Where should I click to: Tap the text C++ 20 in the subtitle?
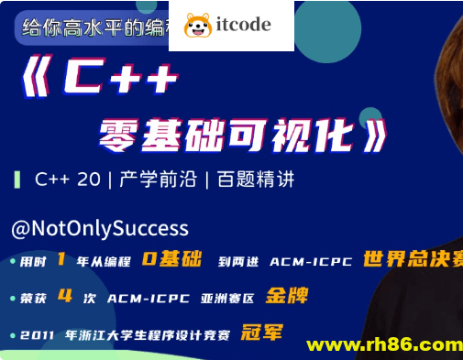[x=68, y=179]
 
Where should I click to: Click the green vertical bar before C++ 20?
[x=17, y=179]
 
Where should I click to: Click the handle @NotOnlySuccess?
[x=100, y=228]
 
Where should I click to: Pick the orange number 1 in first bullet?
[x=61, y=259]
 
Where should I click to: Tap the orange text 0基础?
[x=171, y=259]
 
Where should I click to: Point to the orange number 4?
[x=64, y=296]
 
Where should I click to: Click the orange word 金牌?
[x=287, y=296]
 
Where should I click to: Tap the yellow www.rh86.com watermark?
[x=384, y=345]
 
